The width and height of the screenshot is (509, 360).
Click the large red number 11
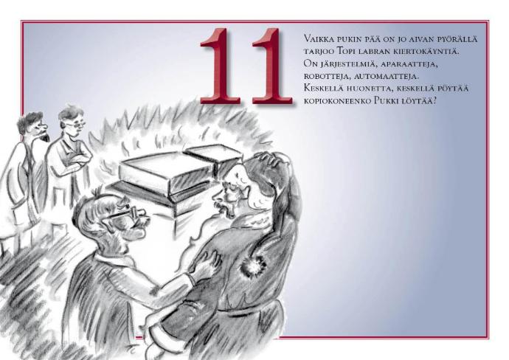click(246, 66)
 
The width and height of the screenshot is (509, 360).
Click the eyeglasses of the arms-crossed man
click(77, 123)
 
